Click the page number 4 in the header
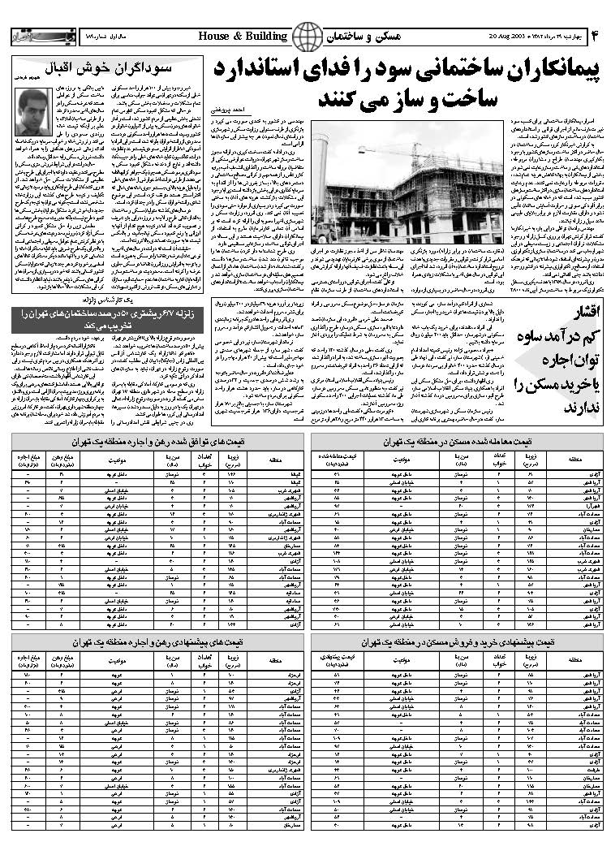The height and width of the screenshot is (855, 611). click(x=594, y=37)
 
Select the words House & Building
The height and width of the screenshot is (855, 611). click(x=243, y=37)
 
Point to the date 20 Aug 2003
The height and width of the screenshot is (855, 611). click(x=510, y=37)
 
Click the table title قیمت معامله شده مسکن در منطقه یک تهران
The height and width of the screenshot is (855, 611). click(x=459, y=443)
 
